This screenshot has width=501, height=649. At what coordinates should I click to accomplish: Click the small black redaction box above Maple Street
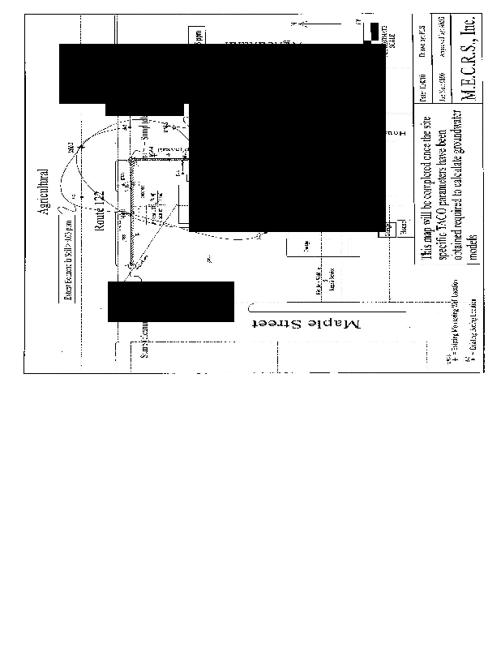pyautogui.click(x=170, y=302)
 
